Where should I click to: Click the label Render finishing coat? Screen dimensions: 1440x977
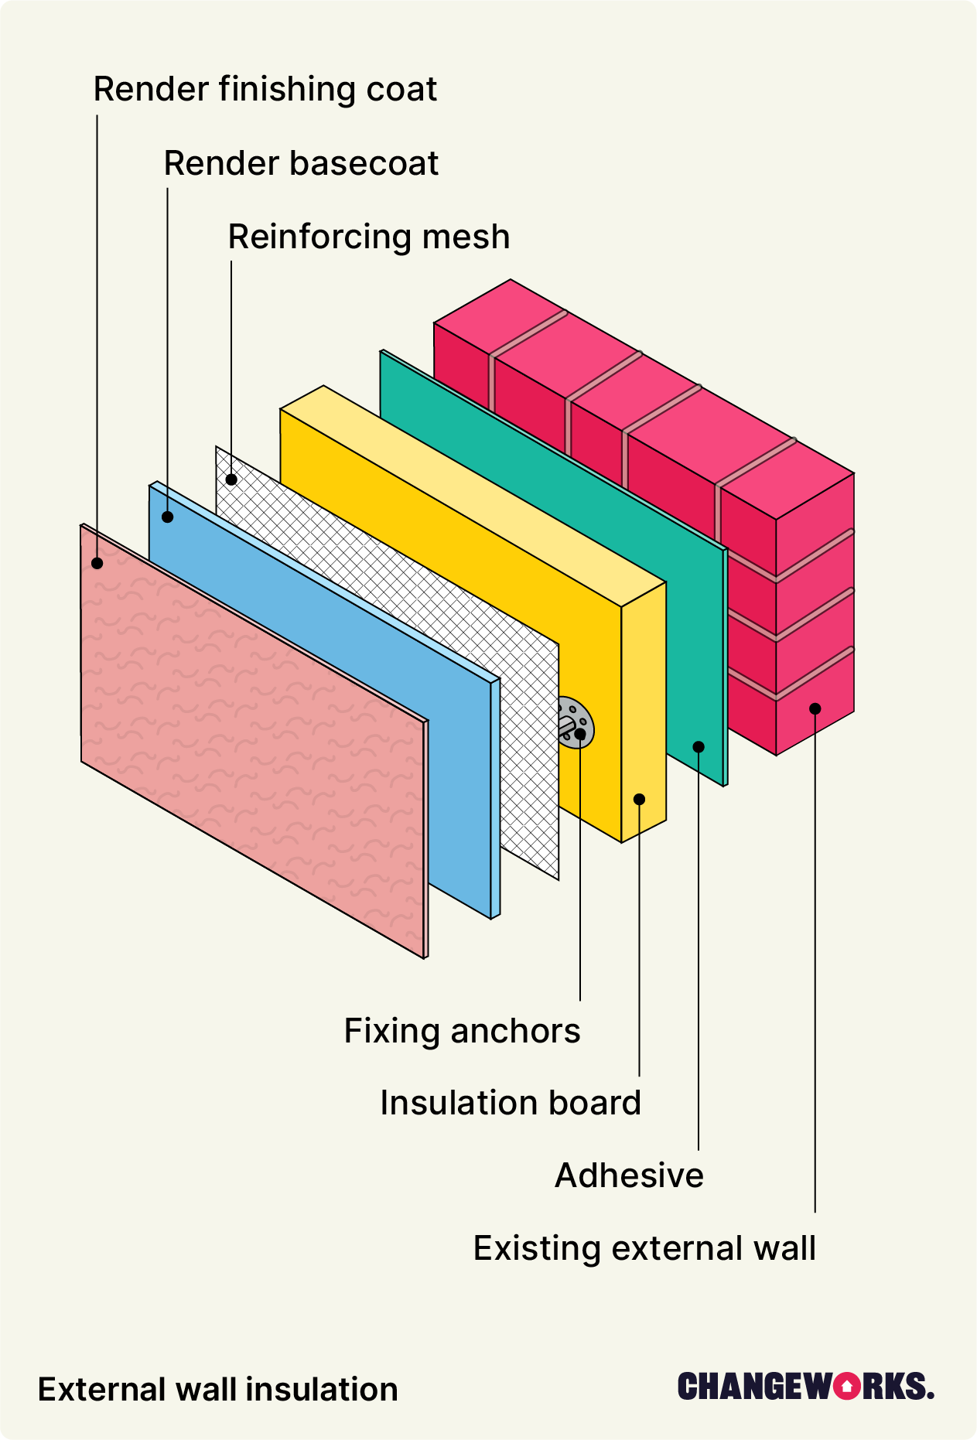tap(265, 90)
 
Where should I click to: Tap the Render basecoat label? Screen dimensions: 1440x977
tap(301, 163)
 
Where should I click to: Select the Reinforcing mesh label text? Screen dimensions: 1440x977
tap(369, 237)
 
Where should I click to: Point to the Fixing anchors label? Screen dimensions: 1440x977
tap(462, 1031)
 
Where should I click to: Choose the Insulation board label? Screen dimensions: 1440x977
tap(511, 1103)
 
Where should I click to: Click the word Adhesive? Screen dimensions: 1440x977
tap(629, 1176)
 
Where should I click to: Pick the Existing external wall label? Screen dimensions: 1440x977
tap(644, 1248)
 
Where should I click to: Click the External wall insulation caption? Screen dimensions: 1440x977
tap(217, 1390)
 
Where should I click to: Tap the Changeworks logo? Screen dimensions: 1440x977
tap(805, 1387)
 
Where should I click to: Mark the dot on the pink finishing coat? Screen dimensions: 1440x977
tap(97, 563)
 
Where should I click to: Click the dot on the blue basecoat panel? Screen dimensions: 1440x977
tap(167, 517)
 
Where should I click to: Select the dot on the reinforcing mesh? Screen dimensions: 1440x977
tap(231, 479)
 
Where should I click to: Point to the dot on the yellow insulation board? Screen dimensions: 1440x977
tap(639, 799)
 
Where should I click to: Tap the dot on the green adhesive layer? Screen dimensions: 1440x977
tap(699, 746)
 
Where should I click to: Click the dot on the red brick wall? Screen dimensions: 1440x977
tap(815, 708)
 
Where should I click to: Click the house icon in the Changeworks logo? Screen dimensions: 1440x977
tap(848, 1387)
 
